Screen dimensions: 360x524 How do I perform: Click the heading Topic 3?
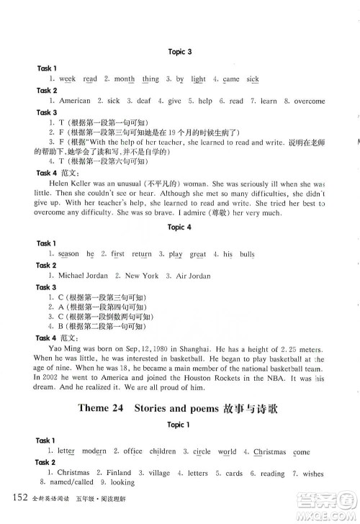click(x=179, y=52)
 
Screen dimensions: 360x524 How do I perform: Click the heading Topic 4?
click(x=179, y=227)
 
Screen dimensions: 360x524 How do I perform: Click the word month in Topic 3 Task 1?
click(x=115, y=80)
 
